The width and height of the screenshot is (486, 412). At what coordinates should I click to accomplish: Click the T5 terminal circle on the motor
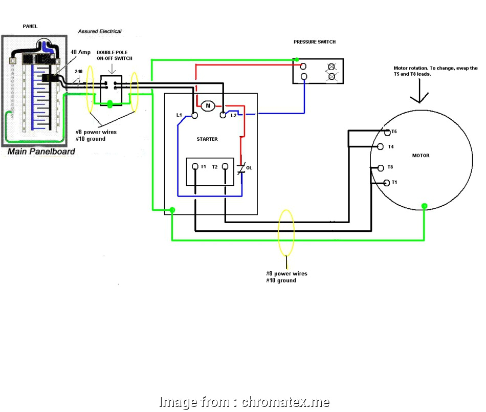[387, 133]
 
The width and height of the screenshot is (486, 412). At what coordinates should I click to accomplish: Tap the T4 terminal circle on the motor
[380, 147]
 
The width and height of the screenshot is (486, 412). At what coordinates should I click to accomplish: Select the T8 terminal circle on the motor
[380, 167]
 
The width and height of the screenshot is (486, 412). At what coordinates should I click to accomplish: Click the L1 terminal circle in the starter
[194, 116]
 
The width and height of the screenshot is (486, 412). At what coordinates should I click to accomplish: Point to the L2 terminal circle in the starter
[223, 116]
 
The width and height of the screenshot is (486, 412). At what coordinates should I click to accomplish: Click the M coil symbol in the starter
[208, 106]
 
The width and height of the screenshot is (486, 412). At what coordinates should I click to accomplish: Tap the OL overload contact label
[249, 167]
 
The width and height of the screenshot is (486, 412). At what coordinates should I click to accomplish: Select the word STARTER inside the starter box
[207, 139]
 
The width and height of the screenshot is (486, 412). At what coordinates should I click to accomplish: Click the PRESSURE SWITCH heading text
[315, 42]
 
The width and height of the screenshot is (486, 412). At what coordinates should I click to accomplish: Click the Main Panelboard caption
[41, 151]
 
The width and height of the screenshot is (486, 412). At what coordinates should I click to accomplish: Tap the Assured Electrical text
[100, 31]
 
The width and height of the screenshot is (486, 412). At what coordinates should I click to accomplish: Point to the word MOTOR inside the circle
[421, 156]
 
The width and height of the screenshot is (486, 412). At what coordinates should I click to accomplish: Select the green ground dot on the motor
[424, 206]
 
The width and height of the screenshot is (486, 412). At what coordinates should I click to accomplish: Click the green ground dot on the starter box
[172, 210]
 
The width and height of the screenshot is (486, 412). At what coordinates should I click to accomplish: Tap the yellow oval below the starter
[286, 232]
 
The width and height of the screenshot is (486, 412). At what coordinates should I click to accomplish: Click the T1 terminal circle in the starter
[195, 167]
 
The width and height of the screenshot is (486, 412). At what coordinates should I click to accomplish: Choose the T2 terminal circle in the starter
[224, 167]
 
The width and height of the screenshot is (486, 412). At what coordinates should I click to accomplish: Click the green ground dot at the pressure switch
[297, 60]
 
